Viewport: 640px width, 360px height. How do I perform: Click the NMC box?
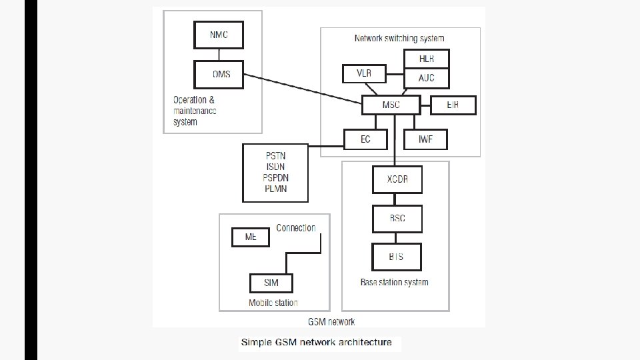pos(219,34)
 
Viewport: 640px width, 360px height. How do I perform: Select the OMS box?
pos(219,74)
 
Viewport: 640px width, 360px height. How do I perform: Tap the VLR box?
pos(363,73)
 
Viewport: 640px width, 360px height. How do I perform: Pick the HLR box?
pos(427,59)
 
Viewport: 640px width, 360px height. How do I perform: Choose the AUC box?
pos(427,78)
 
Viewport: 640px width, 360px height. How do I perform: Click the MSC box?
pos(391,105)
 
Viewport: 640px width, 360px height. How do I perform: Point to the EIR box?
pos(453,105)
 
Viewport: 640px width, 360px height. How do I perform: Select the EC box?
pos(366,139)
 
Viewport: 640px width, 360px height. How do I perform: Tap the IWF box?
pos(426,139)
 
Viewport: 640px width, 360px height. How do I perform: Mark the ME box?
pos(251,237)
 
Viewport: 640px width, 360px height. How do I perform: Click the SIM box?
pos(271,283)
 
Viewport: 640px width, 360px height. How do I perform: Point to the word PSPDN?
pos(276,178)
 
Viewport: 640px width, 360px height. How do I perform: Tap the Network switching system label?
pos(399,38)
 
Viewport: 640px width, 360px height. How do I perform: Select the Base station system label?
pos(395,282)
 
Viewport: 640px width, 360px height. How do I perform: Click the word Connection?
pos(296,228)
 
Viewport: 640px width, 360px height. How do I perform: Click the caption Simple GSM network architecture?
pos(317,343)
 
